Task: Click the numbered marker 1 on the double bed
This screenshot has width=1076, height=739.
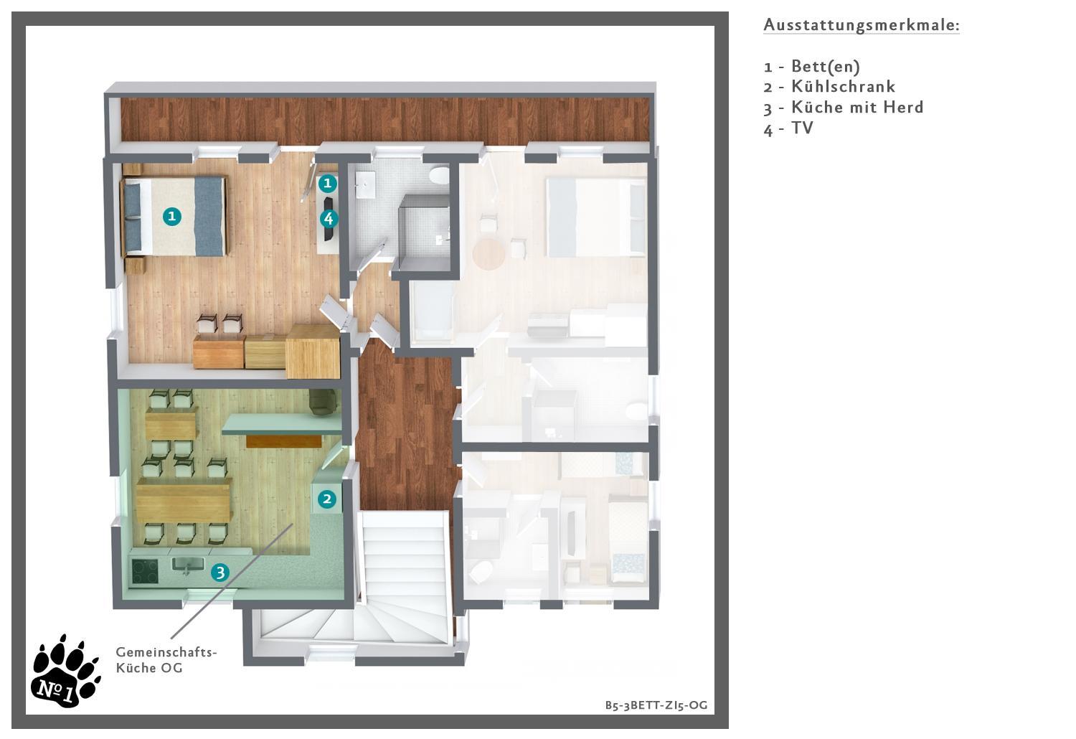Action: coord(172,216)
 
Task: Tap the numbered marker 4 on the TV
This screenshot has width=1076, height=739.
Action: coord(329,219)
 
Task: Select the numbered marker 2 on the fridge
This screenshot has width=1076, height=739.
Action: coord(326,499)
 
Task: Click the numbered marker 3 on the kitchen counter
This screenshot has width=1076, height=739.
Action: coord(220,573)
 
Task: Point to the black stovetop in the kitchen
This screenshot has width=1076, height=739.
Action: coord(145,572)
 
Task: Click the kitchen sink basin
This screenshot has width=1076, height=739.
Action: coord(188,565)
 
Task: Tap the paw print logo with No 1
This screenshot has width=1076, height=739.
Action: coord(66,672)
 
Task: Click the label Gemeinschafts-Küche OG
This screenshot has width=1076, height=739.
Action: coord(166,660)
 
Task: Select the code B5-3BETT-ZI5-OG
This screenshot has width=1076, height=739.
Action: coord(656,705)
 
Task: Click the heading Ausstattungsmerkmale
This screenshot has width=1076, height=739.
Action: coord(862,24)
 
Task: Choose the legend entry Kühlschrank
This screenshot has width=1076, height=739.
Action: coord(829,87)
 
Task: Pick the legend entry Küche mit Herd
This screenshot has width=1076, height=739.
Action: coord(843,107)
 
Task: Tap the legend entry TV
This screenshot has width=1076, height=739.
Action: coord(788,128)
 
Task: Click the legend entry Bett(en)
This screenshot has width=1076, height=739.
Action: coord(812,66)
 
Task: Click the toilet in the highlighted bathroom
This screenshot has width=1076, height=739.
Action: coord(439,174)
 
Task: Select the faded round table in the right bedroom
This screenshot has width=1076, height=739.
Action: coord(489,253)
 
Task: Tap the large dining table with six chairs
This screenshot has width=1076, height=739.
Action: coord(183,503)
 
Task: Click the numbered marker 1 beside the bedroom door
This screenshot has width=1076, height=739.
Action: coord(328,183)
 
